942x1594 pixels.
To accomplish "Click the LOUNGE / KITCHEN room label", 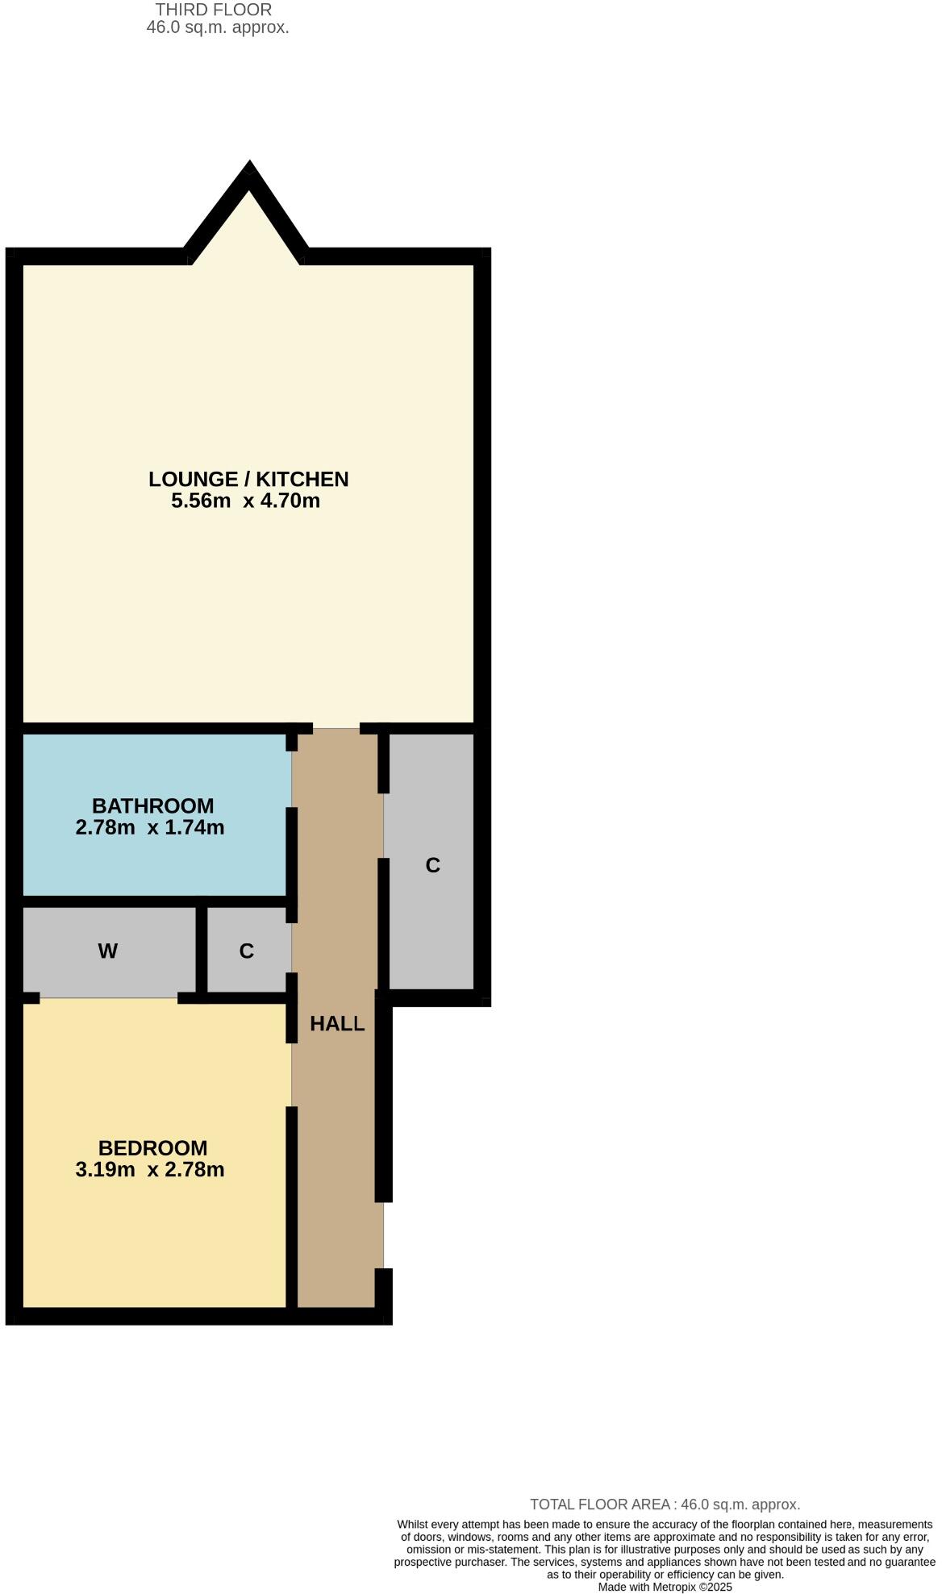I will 248,479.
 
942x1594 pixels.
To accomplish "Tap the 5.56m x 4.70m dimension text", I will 245,501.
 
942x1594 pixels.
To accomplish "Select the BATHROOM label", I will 152,805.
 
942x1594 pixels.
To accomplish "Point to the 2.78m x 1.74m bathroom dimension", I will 150,827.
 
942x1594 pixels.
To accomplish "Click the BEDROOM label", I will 152,1147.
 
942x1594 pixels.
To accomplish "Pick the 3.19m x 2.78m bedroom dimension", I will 150,1169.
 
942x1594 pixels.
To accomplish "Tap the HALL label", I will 337,1024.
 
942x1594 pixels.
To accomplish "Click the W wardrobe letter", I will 107,951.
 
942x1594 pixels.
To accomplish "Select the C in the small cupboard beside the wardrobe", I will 247,951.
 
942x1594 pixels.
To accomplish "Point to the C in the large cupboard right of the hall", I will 432,865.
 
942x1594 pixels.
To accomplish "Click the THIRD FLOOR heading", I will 214,10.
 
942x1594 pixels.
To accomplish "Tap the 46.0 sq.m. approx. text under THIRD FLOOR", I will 218,27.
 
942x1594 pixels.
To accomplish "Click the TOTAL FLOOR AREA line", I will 665,1504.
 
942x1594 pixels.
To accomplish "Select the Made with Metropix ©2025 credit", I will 665,1587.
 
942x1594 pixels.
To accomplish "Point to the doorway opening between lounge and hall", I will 336,728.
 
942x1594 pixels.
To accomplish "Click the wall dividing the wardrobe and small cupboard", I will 202,949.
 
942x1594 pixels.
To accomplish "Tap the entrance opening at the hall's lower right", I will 384,1234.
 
